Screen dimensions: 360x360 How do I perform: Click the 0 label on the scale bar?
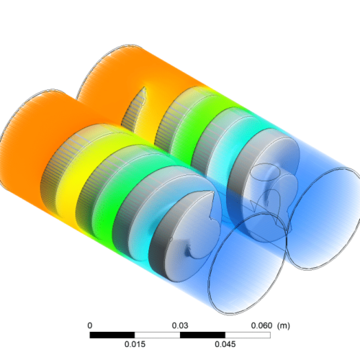click(x=90, y=325)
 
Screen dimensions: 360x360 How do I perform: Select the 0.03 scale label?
click(x=181, y=325)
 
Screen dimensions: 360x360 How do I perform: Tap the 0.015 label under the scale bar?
click(x=135, y=344)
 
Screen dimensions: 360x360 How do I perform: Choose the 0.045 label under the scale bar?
click(x=225, y=344)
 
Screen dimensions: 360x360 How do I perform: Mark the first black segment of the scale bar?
click(x=112, y=335)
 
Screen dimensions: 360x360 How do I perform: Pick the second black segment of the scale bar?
click(x=202, y=335)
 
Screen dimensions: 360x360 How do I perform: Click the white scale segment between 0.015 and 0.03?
click(x=158, y=335)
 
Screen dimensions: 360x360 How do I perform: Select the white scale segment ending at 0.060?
click(x=248, y=335)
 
